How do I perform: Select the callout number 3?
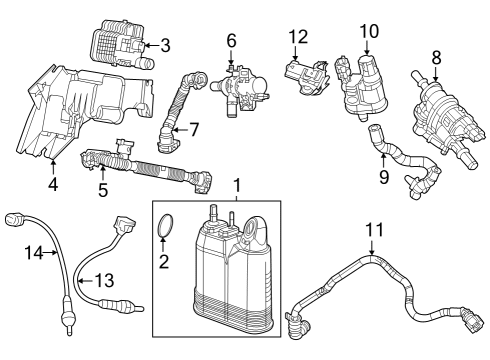(165, 45)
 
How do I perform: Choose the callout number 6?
(230, 41)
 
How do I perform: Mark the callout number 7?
(194, 129)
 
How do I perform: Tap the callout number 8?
(435, 56)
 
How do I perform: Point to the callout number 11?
(373, 231)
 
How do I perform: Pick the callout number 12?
(295, 37)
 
